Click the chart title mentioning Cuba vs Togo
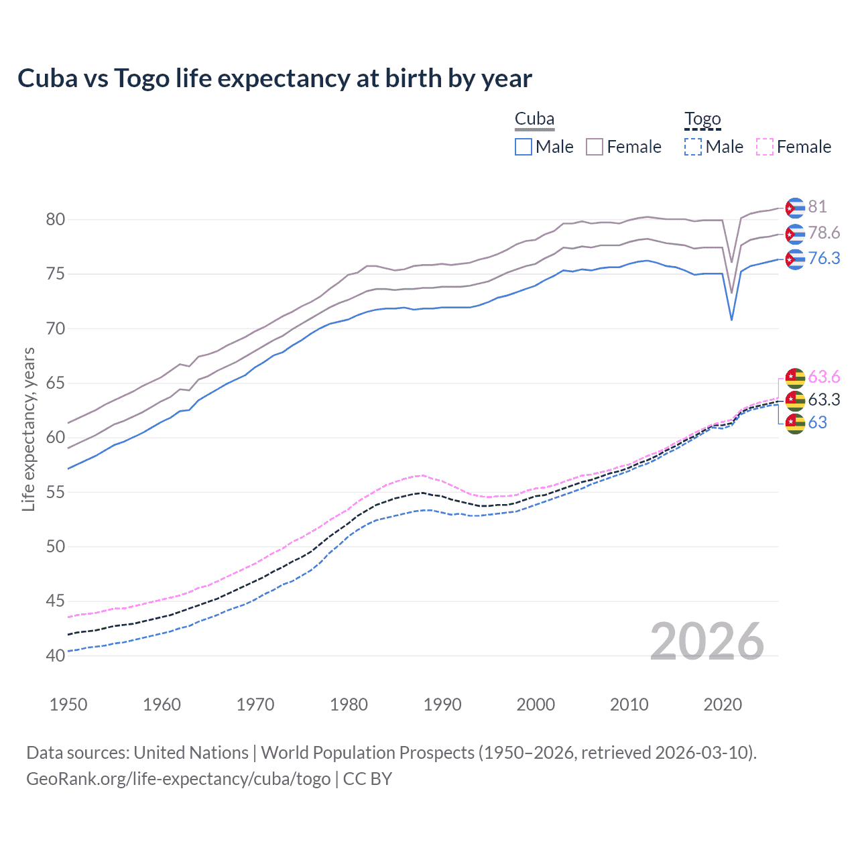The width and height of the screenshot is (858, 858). pos(275,78)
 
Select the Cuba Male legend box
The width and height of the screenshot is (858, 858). pos(524,147)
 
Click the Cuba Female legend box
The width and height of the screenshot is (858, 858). pos(595,147)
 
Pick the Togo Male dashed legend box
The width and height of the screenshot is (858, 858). pos(693,147)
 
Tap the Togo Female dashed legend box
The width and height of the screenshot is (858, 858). pos(765,147)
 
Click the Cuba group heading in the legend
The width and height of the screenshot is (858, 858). pos(534,119)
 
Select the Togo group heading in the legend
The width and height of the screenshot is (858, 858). pos(702,119)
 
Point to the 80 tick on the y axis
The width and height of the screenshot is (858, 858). pos(56,220)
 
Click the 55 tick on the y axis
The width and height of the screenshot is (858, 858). pos(56,492)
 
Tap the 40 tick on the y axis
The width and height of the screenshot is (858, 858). pos(56,656)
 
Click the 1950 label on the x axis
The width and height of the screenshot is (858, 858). pos(68,704)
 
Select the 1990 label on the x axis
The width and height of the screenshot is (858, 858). pos(442,704)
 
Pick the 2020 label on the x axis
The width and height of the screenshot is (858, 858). pos(723,704)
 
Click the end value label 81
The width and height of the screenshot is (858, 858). pos(817,207)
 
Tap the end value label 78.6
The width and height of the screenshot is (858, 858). pos(824,233)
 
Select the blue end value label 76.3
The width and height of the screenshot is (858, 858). pos(824,259)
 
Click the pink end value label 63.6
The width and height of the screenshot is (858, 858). pos(824,377)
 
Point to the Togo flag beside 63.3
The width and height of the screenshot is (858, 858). pos(795,400)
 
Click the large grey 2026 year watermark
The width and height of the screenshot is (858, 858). pos(707,642)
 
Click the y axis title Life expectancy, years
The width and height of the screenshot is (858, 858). pos(28,429)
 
